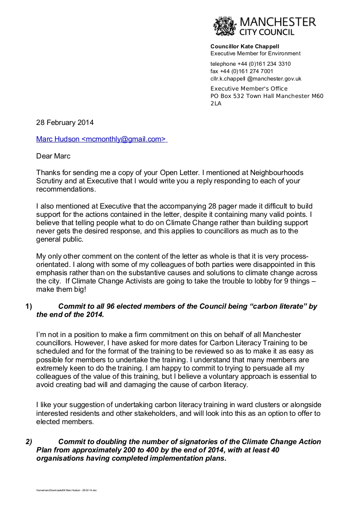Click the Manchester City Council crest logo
224,26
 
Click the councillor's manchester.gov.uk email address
256,79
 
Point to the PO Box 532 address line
267,96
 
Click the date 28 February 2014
65,123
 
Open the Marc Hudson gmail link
101,139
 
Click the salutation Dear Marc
53,156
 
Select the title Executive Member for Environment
255,54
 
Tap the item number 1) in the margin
29,306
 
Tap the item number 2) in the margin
29,442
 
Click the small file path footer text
67,490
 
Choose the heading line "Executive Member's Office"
249,89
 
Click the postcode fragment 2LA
216,104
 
